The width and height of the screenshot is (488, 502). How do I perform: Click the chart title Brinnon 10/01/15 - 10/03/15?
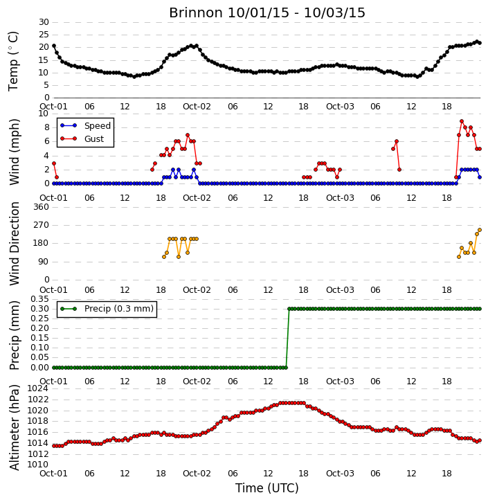point(267,12)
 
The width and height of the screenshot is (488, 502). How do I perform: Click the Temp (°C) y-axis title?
point(13,61)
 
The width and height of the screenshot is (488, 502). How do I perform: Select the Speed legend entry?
point(85,126)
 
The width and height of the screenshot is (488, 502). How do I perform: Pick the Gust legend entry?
point(82,139)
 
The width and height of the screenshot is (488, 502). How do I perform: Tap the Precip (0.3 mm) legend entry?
point(107,309)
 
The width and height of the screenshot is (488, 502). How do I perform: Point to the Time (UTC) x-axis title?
point(267,488)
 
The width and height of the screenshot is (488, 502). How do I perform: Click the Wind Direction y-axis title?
point(14,244)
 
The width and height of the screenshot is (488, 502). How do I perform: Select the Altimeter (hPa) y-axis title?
point(14,427)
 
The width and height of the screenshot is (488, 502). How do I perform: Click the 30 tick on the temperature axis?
point(44,22)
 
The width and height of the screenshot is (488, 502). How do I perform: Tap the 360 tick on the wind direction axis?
point(42,207)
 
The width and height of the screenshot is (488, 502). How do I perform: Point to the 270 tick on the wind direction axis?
point(42,225)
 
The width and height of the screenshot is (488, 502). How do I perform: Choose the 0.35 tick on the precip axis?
point(39,299)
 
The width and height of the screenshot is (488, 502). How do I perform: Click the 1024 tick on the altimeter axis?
point(38,388)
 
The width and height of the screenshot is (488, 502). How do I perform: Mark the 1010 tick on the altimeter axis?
point(38,465)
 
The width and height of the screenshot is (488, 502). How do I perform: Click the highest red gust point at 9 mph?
point(462,121)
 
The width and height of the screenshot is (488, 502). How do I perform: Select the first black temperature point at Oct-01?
point(54,46)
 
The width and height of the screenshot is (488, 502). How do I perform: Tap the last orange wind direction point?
point(480,230)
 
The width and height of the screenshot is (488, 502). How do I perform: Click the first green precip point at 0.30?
point(289,309)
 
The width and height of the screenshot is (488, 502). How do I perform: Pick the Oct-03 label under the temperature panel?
point(340,107)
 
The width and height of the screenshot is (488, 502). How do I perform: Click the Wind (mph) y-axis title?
point(14,152)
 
